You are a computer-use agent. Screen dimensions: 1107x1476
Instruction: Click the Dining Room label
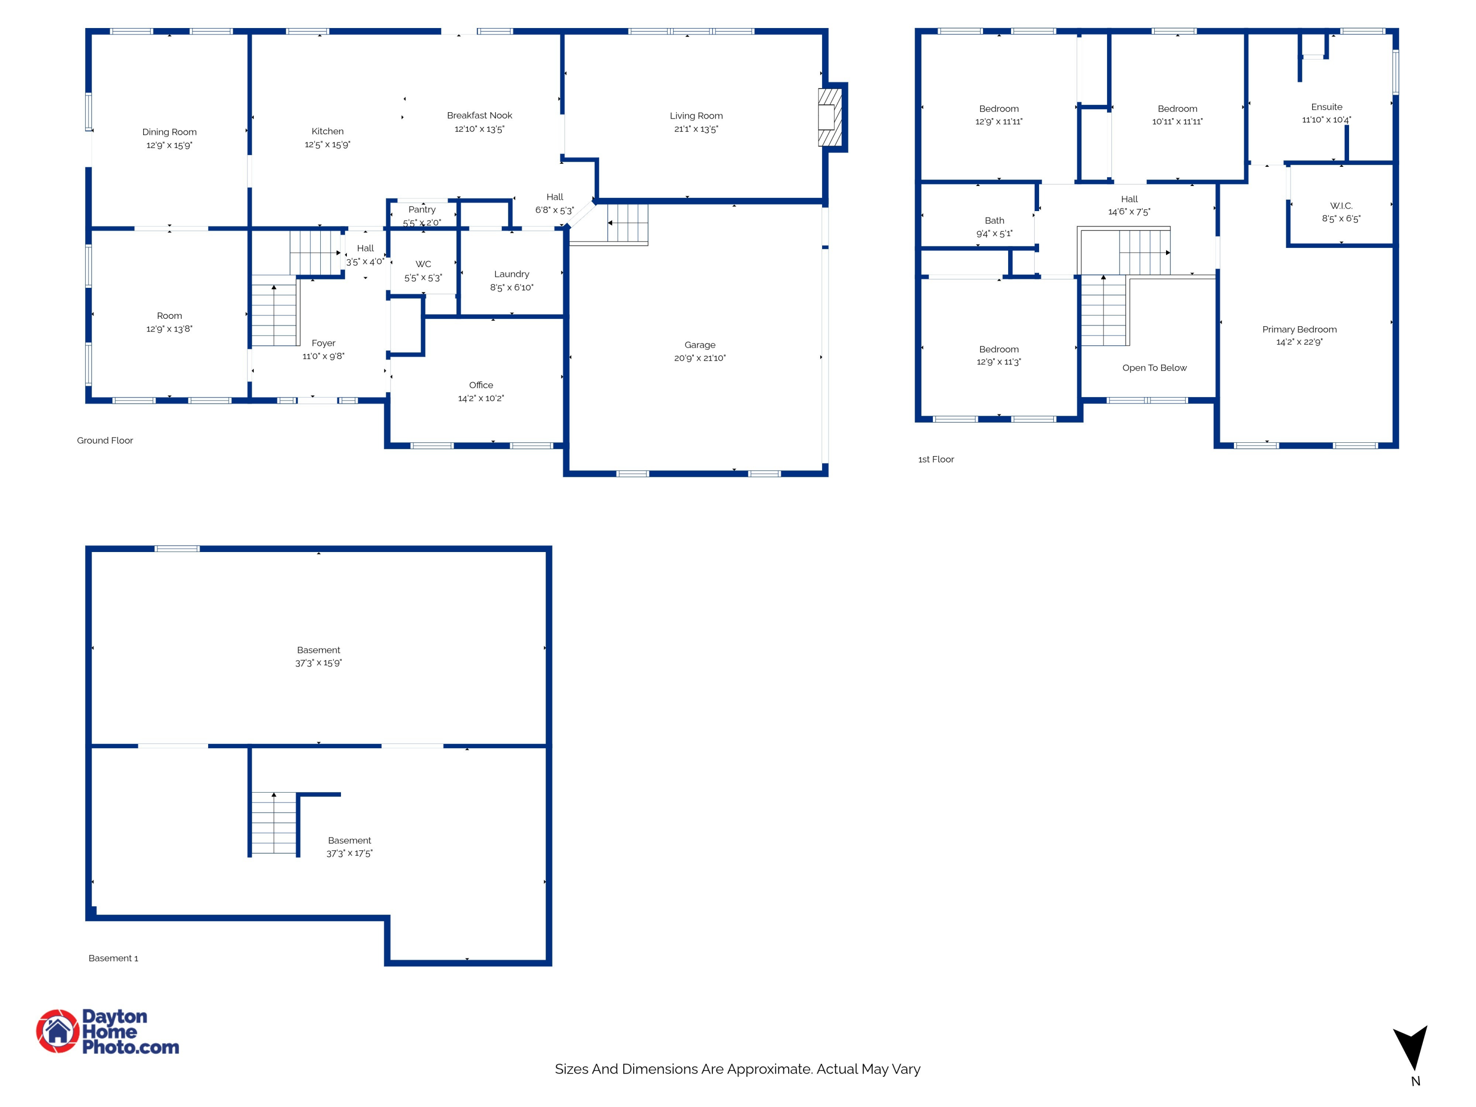click(169, 132)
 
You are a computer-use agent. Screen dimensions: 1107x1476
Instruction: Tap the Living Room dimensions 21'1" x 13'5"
click(696, 129)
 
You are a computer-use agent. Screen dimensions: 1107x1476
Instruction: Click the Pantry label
click(422, 210)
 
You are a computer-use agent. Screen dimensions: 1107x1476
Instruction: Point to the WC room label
click(423, 264)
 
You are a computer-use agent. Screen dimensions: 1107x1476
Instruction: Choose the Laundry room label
click(511, 274)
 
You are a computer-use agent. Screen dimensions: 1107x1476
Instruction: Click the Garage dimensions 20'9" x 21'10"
click(699, 358)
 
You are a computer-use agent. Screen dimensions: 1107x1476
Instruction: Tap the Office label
click(480, 385)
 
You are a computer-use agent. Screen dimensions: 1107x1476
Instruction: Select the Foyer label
click(323, 343)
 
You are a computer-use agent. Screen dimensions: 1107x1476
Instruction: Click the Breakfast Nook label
click(479, 116)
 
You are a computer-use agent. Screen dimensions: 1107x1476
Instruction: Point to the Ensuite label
click(1326, 107)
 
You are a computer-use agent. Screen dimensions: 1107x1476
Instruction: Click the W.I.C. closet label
click(1341, 206)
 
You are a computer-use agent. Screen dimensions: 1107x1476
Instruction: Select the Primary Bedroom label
click(1298, 330)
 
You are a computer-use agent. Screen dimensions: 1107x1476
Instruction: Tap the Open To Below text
click(1154, 368)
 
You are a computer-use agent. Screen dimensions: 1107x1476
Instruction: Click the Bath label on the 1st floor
click(993, 221)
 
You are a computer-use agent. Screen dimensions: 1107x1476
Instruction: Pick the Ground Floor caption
click(105, 440)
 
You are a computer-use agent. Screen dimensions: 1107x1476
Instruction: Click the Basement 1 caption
click(113, 958)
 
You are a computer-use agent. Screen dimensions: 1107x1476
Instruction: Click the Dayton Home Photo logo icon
click(58, 1031)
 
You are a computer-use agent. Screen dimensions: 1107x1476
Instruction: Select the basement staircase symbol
click(274, 823)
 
